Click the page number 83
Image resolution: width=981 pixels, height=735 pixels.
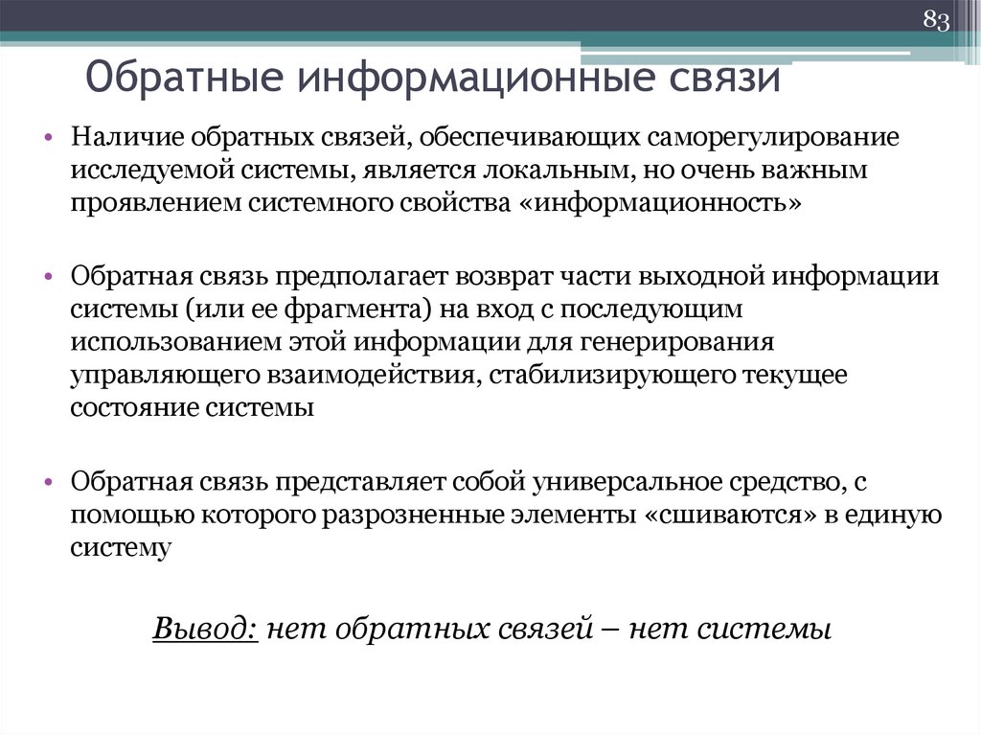(935, 20)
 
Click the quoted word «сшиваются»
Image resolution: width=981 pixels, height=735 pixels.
(726, 515)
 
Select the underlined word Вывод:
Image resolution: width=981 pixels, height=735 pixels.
(204, 630)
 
